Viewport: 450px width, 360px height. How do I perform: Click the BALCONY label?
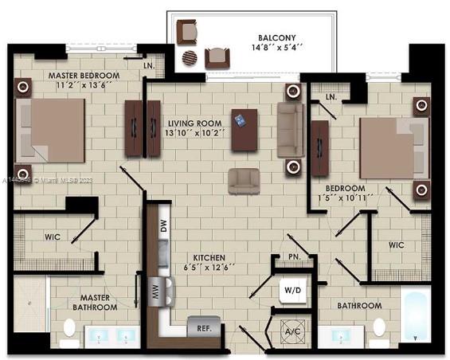click(x=278, y=37)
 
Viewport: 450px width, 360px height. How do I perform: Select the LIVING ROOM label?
click(x=195, y=123)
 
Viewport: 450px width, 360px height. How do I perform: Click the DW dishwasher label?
click(x=163, y=225)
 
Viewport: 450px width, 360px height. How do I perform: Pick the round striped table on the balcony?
click(x=190, y=58)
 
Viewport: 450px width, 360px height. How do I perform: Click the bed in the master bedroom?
click(x=52, y=130)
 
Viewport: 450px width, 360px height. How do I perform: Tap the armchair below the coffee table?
click(x=243, y=181)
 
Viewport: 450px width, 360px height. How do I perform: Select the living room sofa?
click(x=290, y=130)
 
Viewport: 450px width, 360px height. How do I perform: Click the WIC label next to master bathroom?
click(x=52, y=237)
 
